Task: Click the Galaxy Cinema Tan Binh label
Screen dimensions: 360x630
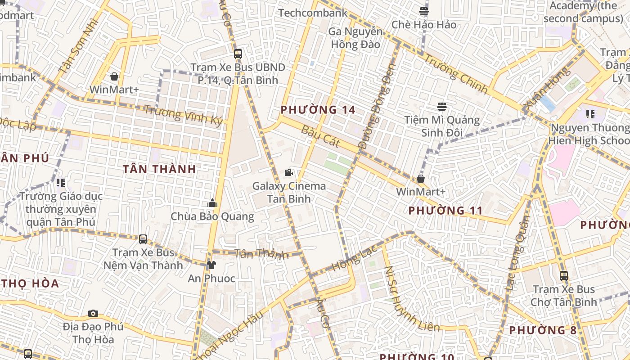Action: (288, 192)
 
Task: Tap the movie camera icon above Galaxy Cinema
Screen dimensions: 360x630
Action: (288, 172)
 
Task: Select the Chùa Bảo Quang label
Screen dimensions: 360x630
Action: (212, 216)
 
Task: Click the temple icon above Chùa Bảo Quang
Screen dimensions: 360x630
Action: (212, 203)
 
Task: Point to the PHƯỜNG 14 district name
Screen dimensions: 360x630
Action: (318, 109)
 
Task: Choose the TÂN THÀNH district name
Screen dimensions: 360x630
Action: (159, 169)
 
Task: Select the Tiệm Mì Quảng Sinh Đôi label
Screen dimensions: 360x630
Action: (442, 126)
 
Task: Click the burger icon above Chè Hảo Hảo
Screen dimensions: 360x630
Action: (424, 11)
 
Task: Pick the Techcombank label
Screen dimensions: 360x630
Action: (313, 13)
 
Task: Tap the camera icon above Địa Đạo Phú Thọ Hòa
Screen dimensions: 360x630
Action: (93, 313)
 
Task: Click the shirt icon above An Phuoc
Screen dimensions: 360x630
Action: (211, 265)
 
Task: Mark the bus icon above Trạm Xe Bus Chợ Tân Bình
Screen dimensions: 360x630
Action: (563, 275)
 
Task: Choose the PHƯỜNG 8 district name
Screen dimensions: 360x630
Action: (543, 330)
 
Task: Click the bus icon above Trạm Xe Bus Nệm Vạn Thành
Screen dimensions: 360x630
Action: (143, 239)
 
